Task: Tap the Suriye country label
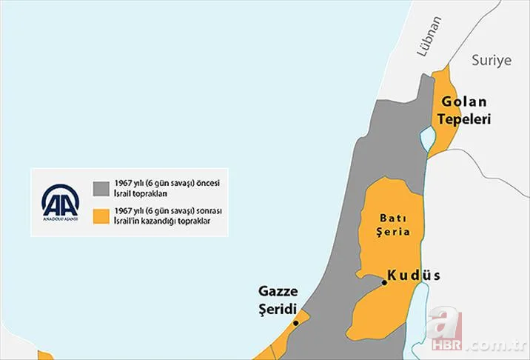pyautogui.click(x=491, y=61)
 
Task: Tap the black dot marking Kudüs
pyautogui.click(x=384, y=282)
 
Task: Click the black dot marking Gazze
pyautogui.click(x=295, y=323)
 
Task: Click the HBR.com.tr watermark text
pyautogui.click(x=494, y=345)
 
